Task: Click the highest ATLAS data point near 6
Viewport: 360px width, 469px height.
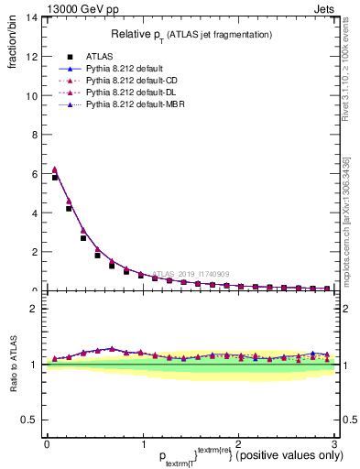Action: [55, 178]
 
